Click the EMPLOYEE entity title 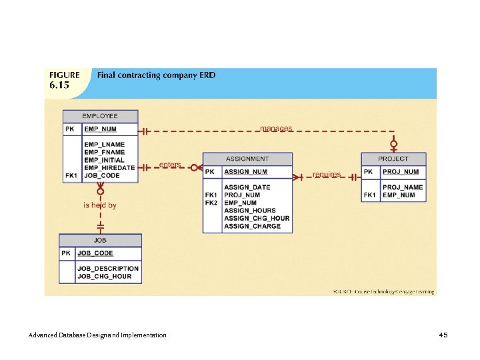100,116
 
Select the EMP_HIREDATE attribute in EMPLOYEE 109,168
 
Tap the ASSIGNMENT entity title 247,159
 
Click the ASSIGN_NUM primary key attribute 245,172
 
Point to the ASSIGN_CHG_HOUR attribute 257,218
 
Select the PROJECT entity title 393,159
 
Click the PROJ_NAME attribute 403,187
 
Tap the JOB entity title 100,239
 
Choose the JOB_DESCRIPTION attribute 108,269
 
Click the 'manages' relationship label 276,128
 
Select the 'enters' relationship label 170,165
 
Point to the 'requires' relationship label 327,175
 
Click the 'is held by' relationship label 100,205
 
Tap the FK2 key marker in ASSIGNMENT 211,203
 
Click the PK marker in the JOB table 66,253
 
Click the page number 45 443,334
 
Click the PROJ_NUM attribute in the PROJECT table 401,172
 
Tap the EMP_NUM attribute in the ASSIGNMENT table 240,203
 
